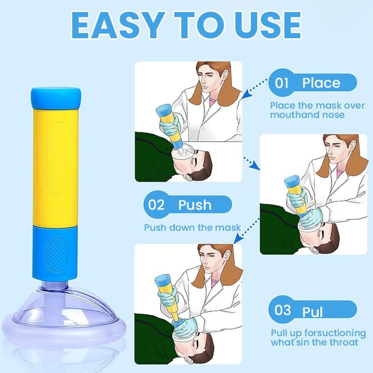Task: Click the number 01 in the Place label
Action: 282,83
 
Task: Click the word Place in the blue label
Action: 321,83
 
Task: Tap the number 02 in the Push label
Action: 157,205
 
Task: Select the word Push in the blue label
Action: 194,205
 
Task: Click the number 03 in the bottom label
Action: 283,310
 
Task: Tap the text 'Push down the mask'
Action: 192,228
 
